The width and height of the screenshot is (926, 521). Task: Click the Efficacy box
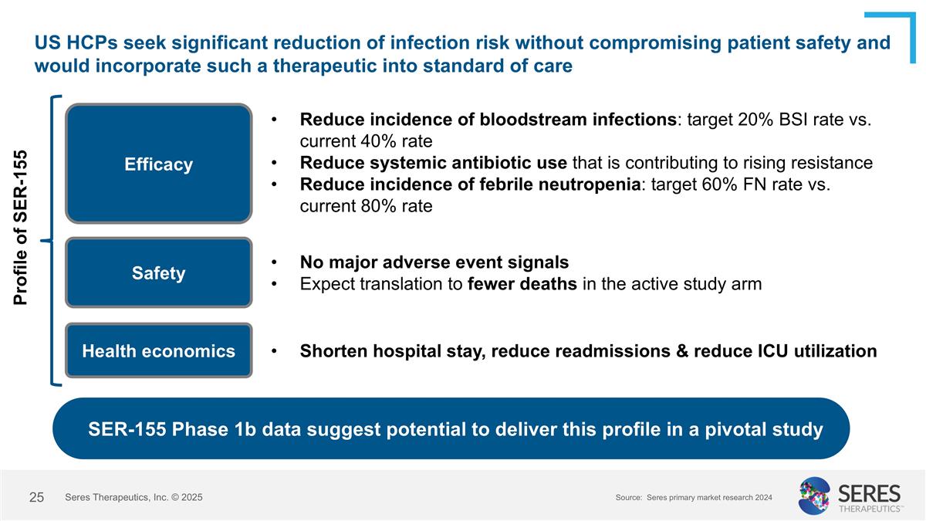tap(159, 164)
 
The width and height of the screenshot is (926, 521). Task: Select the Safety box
tap(159, 273)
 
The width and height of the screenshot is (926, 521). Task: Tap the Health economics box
tap(159, 350)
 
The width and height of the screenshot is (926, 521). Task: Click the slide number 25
tap(36, 498)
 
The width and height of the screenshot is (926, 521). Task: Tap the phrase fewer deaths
tap(522, 284)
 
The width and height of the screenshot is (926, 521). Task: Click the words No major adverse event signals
tap(434, 262)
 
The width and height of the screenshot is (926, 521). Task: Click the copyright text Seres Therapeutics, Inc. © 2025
tap(134, 498)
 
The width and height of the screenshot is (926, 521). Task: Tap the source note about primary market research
tap(694, 499)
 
